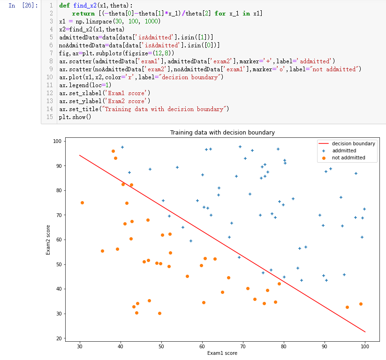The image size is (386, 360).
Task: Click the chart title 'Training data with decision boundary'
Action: click(x=222, y=133)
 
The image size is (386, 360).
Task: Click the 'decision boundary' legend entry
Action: click(x=353, y=143)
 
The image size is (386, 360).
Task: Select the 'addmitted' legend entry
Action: click(x=344, y=151)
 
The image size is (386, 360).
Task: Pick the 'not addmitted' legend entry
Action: click(x=348, y=158)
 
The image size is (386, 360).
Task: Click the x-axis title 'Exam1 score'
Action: click(x=222, y=353)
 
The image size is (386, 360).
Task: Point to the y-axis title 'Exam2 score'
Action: click(x=49, y=240)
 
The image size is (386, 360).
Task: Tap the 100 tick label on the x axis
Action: click(x=365, y=346)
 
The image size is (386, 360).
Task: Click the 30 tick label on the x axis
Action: click(x=80, y=346)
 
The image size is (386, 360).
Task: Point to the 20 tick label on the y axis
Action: click(x=59, y=338)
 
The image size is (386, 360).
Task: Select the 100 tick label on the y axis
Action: click(x=57, y=141)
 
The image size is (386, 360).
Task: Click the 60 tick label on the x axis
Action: click(x=202, y=346)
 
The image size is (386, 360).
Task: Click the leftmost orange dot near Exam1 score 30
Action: click(x=82, y=202)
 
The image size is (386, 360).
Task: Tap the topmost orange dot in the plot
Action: click(x=113, y=151)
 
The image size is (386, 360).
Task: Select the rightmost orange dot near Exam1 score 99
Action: click(x=361, y=304)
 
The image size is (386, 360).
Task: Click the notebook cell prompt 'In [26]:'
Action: click(x=23, y=6)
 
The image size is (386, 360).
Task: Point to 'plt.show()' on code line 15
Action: click(x=75, y=117)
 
